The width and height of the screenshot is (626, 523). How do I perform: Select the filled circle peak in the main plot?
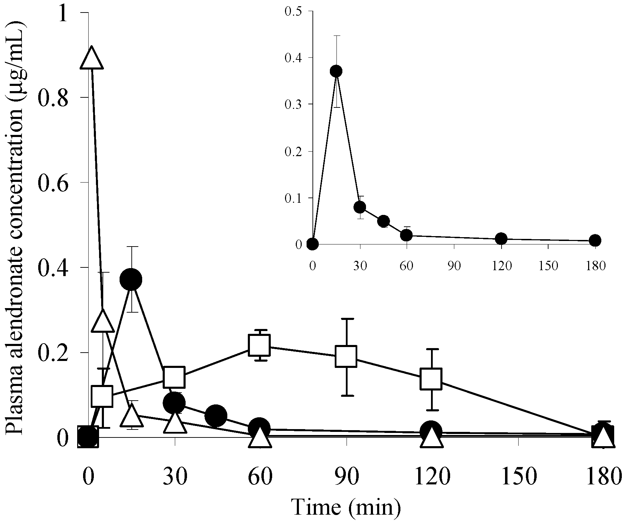(131, 279)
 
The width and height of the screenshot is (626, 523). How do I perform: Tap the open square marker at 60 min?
(260, 345)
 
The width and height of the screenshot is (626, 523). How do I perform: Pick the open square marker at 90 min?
(346, 356)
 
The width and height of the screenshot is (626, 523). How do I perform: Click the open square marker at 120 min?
(431, 379)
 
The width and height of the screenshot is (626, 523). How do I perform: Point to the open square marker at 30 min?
(174, 377)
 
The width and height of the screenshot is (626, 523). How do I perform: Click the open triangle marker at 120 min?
(431, 438)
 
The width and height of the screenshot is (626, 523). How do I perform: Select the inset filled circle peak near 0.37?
(336, 71)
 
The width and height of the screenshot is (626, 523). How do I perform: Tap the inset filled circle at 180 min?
(595, 240)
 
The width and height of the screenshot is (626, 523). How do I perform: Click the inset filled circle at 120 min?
(501, 238)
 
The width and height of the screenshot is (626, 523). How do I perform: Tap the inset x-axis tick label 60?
(406, 266)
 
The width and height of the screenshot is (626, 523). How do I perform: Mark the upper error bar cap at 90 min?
(347, 319)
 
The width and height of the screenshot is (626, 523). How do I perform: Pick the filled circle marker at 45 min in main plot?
(216, 416)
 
